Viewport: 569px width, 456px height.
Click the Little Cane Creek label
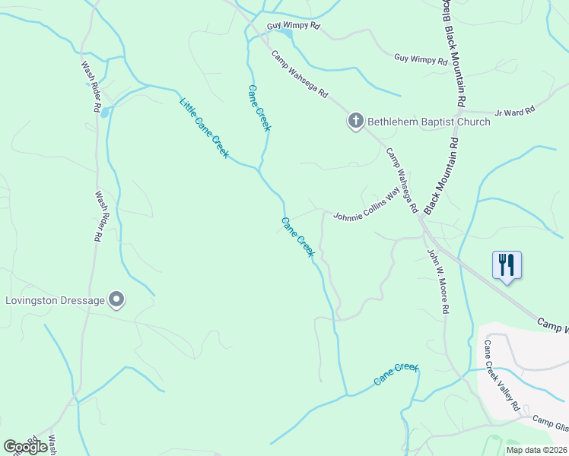204,128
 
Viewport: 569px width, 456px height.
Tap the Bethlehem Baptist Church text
429,122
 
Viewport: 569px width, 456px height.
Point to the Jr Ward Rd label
514,112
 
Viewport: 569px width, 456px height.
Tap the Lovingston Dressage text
55,300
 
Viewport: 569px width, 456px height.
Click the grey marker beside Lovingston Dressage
116,300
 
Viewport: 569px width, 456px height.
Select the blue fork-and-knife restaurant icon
507,265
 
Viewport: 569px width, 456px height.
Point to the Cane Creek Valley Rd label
502,375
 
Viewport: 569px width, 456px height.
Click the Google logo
26,448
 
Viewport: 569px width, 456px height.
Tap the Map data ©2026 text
536,450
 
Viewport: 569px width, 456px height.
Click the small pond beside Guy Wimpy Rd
286,33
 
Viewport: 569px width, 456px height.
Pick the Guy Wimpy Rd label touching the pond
294,26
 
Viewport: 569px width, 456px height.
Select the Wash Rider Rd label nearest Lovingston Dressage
99,216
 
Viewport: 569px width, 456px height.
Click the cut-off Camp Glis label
549,423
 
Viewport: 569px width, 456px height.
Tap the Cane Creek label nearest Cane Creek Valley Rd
396,374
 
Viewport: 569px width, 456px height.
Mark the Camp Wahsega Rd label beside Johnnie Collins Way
402,180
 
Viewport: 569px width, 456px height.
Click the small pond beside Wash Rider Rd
104,112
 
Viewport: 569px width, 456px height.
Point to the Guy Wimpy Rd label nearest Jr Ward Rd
421,59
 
